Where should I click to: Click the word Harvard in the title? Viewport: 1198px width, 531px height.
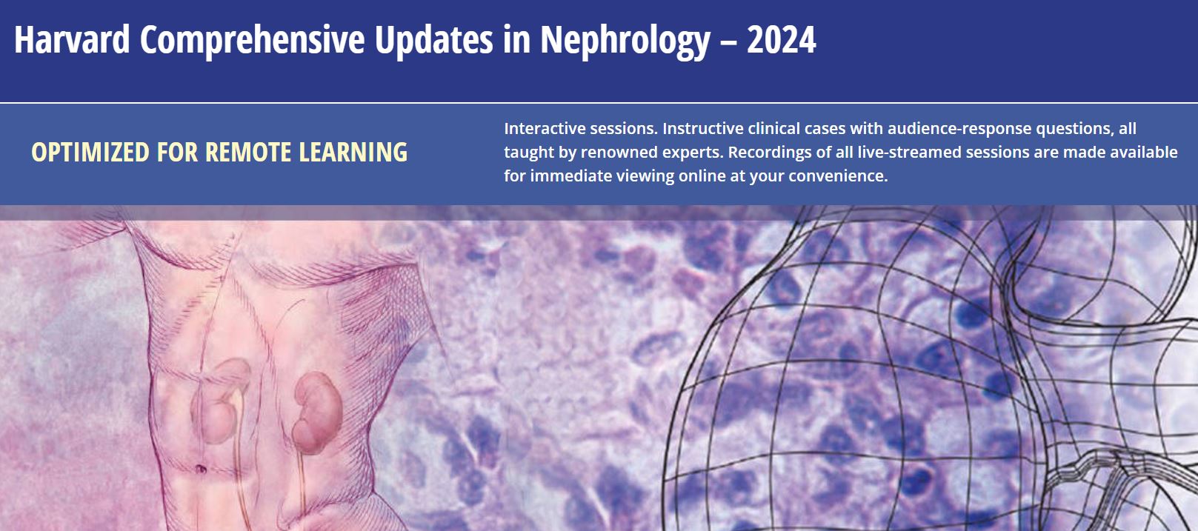(x=72, y=39)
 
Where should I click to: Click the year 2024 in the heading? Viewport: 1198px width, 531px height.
(x=782, y=40)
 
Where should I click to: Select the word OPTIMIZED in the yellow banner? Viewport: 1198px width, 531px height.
(x=90, y=153)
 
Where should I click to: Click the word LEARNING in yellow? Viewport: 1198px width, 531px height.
(x=353, y=153)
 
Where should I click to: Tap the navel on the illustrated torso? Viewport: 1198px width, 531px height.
(x=201, y=469)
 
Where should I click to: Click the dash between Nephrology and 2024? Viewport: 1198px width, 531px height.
(x=728, y=41)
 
